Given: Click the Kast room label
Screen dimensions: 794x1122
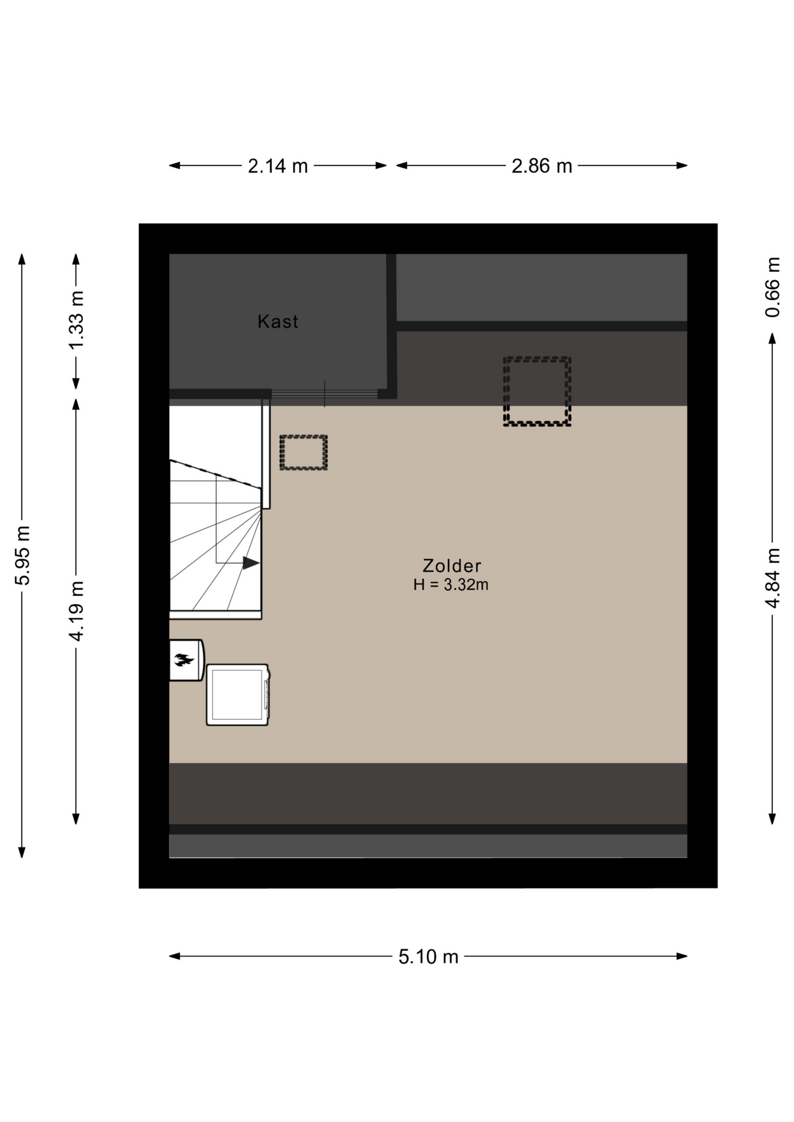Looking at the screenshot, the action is click(278, 321).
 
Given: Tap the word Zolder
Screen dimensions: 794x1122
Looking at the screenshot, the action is click(452, 566).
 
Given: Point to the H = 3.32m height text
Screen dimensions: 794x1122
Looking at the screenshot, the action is click(451, 584).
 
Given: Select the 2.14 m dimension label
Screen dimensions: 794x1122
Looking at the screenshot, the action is click(278, 166).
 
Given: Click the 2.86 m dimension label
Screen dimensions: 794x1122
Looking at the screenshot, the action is click(541, 166).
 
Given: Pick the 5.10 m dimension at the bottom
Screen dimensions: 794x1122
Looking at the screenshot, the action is click(429, 957).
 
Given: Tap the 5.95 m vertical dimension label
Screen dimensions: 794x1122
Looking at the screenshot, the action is click(23, 555).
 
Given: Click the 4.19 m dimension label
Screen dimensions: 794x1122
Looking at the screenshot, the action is click(77, 611).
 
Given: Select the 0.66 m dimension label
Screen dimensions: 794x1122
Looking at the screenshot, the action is click(772, 287).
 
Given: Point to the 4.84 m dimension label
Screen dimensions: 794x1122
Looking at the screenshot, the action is click(772, 578).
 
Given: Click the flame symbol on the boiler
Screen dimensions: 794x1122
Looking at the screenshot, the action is click(184, 660).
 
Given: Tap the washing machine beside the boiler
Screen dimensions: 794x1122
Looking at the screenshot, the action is click(238, 695).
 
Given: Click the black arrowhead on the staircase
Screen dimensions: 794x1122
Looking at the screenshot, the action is click(251, 563).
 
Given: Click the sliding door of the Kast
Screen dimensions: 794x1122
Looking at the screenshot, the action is click(324, 394).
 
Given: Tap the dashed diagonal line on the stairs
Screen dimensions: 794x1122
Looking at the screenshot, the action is click(215, 474).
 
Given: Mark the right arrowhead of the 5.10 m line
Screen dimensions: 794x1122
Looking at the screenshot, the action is click(682, 956).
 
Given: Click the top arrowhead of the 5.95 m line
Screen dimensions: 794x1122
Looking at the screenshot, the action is click(22, 259).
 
